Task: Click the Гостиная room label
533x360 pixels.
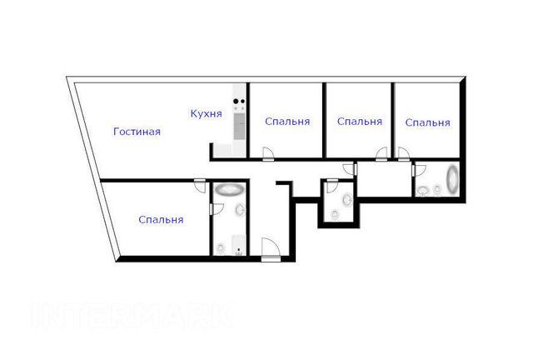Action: (x=137, y=132)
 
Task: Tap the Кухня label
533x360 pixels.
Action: (x=206, y=113)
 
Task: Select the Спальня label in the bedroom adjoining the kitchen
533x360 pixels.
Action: (x=287, y=122)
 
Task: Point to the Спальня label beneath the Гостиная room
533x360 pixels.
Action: (x=161, y=220)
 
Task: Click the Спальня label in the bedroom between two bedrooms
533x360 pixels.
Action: (x=360, y=122)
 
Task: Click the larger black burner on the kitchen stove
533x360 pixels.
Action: (x=236, y=101)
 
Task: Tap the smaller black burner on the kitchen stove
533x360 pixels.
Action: (x=242, y=101)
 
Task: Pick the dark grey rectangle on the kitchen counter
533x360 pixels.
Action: (x=239, y=126)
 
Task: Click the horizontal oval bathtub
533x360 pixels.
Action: (x=231, y=189)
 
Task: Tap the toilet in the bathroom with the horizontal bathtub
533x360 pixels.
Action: (x=221, y=248)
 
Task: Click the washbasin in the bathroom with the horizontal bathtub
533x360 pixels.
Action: (x=240, y=210)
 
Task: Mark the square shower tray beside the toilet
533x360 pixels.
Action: (x=239, y=245)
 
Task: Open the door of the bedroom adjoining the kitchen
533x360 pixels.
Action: (x=268, y=153)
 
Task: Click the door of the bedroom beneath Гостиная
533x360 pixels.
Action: (x=200, y=186)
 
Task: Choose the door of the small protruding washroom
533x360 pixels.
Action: (x=331, y=186)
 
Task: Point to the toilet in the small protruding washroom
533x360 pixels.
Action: (x=335, y=214)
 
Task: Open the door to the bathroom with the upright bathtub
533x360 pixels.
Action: (x=419, y=170)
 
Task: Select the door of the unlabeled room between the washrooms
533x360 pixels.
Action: (x=350, y=169)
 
